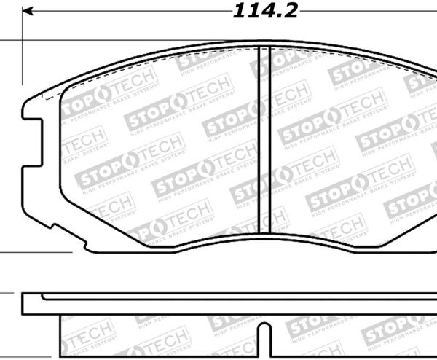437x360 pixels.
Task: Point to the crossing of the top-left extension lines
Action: click(22, 41)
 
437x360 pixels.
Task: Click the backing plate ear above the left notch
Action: click(32, 106)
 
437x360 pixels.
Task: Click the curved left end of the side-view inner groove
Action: click(44, 297)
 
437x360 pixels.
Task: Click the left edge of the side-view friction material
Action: click(58, 332)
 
